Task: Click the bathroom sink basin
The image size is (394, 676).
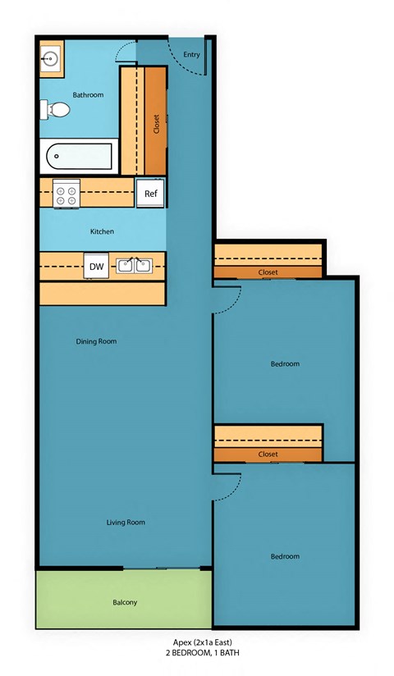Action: [51, 60]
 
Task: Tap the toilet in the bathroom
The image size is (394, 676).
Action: [54, 109]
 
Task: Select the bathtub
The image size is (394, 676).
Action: [78, 155]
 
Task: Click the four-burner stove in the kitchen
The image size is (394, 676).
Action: [66, 194]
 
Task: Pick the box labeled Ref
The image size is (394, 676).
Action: [150, 194]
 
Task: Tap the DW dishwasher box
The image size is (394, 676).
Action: [96, 266]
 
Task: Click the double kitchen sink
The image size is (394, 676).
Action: [134, 265]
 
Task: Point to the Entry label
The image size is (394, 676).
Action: [191, 55]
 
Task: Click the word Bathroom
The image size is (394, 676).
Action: [88, 95]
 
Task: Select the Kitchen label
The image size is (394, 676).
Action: [102, 231]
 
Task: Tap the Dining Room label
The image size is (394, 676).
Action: [96, 341]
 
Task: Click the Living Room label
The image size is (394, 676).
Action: [125, 522]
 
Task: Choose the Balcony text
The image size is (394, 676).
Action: [125, 603]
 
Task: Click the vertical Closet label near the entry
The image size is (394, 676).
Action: [156, 123]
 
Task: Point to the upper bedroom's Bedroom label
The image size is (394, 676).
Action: [285, 363]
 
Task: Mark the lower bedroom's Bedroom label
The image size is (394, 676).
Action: [285, 556]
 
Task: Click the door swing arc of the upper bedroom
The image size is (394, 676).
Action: [232, 296]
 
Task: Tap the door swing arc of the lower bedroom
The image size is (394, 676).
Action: [232, 484]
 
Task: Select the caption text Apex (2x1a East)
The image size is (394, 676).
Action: [203, 642]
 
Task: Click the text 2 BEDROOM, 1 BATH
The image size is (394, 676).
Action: [203, 653]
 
